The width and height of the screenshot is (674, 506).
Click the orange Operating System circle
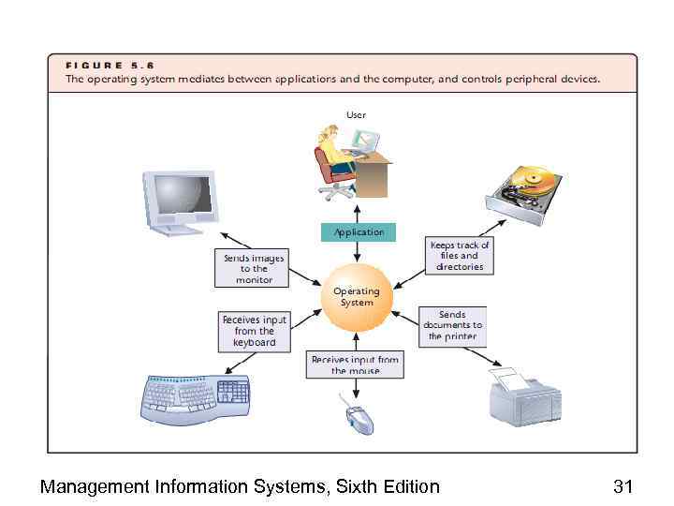pos(356,297)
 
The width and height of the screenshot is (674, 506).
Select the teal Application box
pos(359,232)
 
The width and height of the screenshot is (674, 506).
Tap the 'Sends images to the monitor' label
pos(254,268)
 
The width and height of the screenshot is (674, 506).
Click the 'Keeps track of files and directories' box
pos(459,255)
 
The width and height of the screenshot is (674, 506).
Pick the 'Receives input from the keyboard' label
pos(254,331)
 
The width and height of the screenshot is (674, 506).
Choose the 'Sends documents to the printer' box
pos(452,325)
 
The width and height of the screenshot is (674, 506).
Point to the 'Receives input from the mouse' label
pos(355,365)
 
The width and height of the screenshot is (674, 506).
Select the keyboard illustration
pos(198,397)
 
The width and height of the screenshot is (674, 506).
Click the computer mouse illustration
pos(358,416)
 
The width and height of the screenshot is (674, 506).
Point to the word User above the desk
pos(357,114)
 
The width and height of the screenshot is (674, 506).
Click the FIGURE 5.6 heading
pos(109,65)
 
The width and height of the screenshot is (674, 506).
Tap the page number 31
pos(623,486)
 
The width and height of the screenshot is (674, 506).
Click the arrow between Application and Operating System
pos(358,251)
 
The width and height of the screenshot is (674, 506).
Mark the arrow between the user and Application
pos(358,211)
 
